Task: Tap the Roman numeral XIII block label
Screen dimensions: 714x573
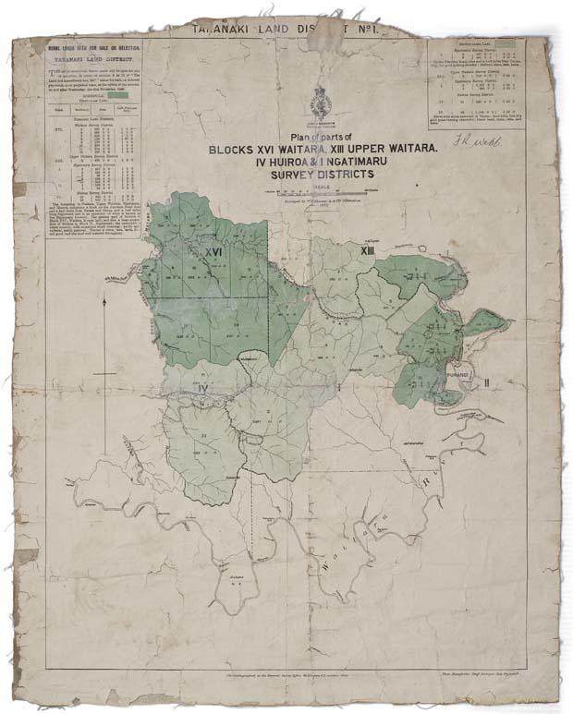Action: [367, 249]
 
